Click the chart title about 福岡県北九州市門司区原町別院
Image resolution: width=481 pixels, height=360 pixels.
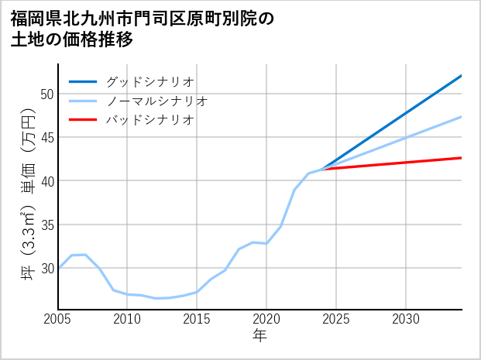point(143,29)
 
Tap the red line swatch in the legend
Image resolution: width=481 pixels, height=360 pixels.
point(83,120)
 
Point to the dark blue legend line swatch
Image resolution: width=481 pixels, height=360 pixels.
point(83,81)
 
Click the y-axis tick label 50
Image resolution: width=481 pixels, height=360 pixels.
point(46,94)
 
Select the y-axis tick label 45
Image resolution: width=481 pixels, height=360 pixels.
point(46,138)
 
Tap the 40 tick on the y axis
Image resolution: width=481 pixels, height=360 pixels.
point(46,181)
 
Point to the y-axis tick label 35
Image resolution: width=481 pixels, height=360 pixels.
point(46,225)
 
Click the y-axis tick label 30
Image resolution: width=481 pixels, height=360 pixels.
point(46,268)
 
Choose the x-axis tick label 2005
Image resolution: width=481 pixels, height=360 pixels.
point(58,319)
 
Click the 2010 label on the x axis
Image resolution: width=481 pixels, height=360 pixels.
point(128,319)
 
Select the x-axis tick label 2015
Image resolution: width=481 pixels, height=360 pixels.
point(197,319)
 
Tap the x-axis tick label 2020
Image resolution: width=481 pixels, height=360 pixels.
point(266,319)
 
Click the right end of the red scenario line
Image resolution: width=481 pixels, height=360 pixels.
point(461,158)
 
